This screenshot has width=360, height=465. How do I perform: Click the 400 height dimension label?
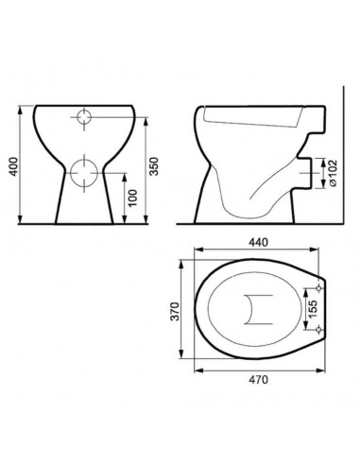coord(13,166)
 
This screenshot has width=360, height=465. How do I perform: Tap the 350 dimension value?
coord(154,166)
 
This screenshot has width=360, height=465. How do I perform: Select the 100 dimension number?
coord(133,198)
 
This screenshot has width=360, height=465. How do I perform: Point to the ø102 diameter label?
coord(333,173)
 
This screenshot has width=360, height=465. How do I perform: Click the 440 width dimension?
coord(259,242)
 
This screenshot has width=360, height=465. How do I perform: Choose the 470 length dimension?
coord(259,380)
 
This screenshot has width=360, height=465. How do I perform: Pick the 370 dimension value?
coord(175,311)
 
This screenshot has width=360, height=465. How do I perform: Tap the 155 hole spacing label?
coord(313,309)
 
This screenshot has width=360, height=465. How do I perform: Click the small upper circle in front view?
coord(84,117)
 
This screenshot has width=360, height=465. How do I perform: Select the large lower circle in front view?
coord(84,173)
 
